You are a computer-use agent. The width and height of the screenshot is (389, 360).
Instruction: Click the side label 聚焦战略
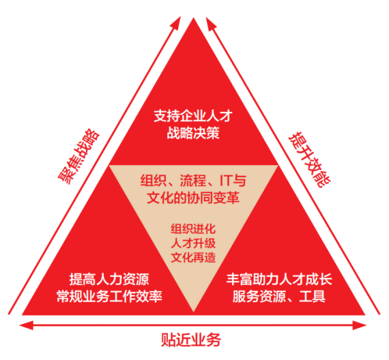(x=78, y=157)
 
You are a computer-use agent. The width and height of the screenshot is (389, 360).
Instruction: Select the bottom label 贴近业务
(x=191, y=340)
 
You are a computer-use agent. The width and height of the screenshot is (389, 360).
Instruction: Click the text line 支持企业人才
(x=193, y=116)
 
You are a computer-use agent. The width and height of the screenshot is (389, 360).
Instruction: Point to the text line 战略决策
(x=193, y=133)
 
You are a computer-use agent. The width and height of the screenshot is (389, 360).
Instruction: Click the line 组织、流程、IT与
(x=193, y=180)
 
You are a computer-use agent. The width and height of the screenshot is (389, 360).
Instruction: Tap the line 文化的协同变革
(x=193, y=198)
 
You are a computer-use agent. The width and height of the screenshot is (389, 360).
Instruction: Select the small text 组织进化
(x=193, y=228)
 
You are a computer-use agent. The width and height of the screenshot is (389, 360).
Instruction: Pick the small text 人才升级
(x=193, y=243)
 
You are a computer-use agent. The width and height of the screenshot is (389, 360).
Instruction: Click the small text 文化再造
(x=193, y=257)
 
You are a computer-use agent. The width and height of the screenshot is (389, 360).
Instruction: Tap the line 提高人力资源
(x=109, y=280)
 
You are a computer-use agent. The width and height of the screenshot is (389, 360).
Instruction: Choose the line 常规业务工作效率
(x=109, y=297)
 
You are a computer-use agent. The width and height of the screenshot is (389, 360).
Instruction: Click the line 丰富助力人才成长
(x=279, y=280)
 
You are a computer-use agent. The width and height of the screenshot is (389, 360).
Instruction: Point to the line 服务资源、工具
(x=279, y=297)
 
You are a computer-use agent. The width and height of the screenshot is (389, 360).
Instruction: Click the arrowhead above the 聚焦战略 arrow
(x=177, y=22)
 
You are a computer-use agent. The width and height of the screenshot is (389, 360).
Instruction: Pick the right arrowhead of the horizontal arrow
(x=360, y=325)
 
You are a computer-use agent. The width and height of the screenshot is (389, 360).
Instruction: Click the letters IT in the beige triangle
(x=225, y=181)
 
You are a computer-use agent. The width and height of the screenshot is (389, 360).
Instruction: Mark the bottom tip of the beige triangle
(x=193, y=312)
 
